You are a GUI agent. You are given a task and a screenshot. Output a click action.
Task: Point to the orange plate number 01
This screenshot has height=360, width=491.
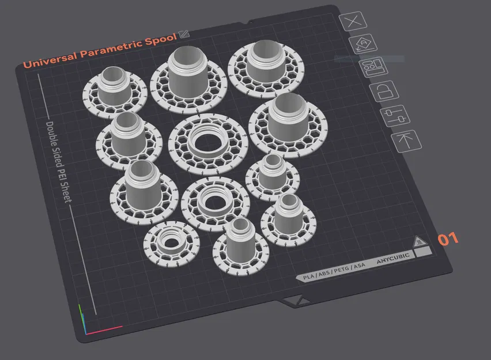pyautogui.click(x=449, y=238)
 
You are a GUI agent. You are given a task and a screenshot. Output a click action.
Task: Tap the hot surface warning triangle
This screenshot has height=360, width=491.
pyautogui.click(x=419, y=241)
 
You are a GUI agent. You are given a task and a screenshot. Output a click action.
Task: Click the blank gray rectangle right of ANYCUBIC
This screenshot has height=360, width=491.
pyautogui.click(x=424, y=252)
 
